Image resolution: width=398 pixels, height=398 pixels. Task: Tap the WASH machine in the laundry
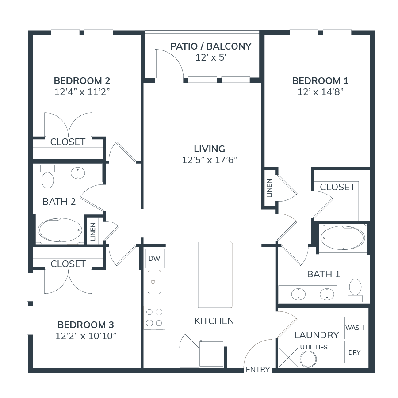(355, 328)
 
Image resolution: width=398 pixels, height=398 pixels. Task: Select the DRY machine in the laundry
(355, 352)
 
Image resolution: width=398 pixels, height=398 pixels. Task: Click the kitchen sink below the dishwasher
(154, 282)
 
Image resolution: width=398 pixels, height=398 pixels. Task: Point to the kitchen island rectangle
(215, 274)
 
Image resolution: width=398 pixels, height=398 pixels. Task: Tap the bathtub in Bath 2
(60, 230)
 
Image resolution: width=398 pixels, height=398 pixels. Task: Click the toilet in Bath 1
(356, 288)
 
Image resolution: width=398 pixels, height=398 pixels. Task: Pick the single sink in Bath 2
(78, 172)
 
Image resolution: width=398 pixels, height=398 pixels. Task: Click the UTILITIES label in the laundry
(314, 347)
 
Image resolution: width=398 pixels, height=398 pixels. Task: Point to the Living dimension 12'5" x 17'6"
(210, 160)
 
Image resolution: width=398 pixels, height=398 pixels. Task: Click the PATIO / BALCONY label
(211, 46)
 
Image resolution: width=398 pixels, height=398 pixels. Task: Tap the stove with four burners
(154, 318)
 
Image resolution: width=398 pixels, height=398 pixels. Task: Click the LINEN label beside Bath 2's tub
(93, 230)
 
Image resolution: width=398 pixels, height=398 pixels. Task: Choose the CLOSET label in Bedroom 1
(337, 187)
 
